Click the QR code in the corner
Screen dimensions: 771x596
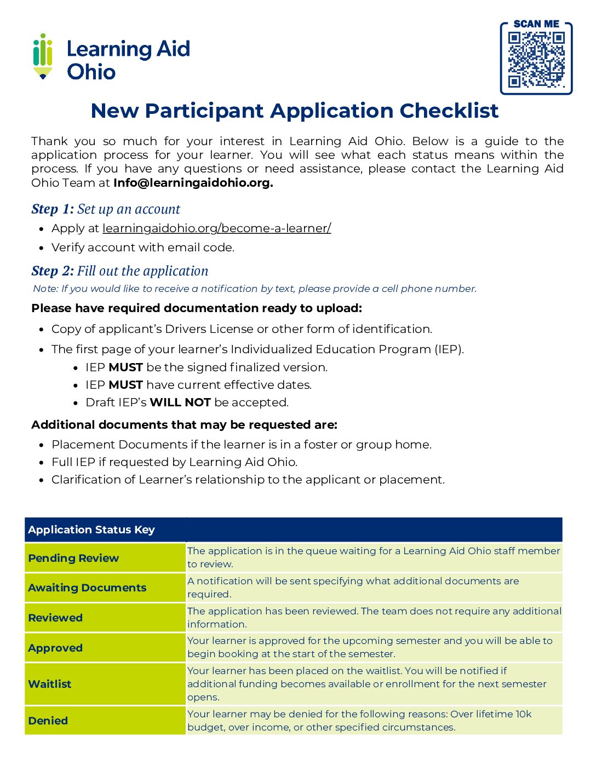tap(536, 60)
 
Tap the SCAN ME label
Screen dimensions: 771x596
tap(536, 24)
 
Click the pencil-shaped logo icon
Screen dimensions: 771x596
tap(43, 56)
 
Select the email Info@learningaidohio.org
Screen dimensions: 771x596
tap(193, 183)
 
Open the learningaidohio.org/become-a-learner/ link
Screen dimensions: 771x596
tap(216, 228)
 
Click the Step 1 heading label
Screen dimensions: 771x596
tap(52, 209)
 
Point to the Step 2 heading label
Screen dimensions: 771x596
tap(52, 271)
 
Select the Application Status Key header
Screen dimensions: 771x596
tap(91, 530)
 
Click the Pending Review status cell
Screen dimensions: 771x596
tap(73, 558)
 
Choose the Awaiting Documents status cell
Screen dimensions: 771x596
tap(87, 588)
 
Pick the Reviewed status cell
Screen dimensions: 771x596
tap(55, 618)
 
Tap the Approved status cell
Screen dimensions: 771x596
tap(55, 648)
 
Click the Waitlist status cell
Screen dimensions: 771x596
tap(50, 684)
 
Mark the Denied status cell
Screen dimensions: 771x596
tap(48, 721)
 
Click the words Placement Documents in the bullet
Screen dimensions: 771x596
tap(119, 445)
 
